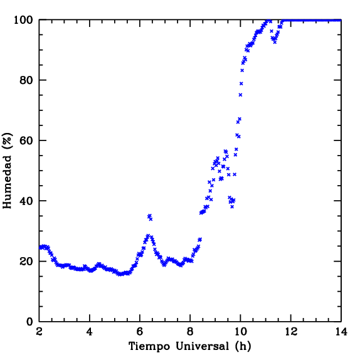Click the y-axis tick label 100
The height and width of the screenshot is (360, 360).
[x=24, y=20]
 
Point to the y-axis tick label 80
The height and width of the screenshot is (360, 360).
[x=26, y=80]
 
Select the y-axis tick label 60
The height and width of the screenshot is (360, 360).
[x=26, y=140]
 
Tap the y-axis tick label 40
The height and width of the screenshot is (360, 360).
[x=26, y=201]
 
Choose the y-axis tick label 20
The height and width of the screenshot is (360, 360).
[x=26, y=262]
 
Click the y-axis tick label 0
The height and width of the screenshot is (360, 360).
[x=29, y=322]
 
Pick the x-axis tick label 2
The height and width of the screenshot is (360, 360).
[x=40, y=332]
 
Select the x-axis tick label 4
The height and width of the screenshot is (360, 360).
[x=90, y=332]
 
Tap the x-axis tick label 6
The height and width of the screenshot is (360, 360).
[x=140, y=332]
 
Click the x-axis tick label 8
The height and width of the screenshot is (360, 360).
[x=190, y=332]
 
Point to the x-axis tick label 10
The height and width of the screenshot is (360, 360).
[x=240, y=332]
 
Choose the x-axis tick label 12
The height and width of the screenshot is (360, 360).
[x=291, y=332]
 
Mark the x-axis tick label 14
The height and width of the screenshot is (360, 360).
[x=341, y=332]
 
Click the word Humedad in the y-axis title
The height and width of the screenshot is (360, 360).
[x=7, y=183]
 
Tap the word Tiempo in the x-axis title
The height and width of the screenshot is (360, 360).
[x=149, y=346]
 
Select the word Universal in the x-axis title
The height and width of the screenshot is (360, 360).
[x=203, y=346]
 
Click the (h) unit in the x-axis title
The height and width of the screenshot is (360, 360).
[x=243, y=346]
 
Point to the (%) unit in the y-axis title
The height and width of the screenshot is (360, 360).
[x=7, y=140]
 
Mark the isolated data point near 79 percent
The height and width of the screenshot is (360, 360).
[x=241, y=83]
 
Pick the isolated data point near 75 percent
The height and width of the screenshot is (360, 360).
[x=240, y=95]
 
